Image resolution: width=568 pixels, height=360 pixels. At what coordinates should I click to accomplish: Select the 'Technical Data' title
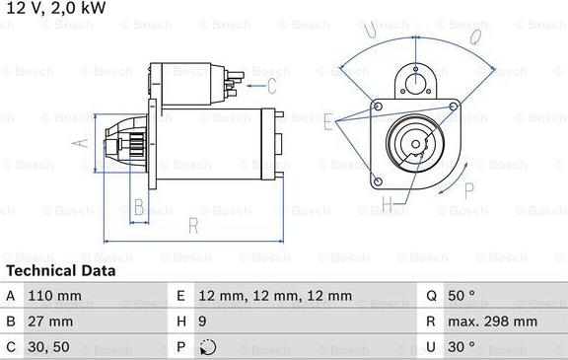coord(60,270)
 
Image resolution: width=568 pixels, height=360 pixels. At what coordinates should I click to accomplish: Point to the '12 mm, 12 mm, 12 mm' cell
coord(275,296)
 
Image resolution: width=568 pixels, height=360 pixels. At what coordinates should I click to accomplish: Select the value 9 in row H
coord(203,322)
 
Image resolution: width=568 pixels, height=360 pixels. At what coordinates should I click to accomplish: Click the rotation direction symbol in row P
coord(206,347)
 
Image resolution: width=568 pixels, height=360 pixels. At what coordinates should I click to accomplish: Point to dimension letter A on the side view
coord(82,144)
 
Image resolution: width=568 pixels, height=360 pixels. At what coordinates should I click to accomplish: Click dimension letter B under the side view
coord(139,207)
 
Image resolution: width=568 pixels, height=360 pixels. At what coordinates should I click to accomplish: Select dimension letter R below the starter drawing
coord(193,227)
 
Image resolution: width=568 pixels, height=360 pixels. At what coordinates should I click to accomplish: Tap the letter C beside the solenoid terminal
coord(256,72)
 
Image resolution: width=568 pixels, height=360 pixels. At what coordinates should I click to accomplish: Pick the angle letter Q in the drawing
coord(473,37)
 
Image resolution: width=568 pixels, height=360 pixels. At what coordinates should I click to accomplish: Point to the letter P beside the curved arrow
coord(467,164)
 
